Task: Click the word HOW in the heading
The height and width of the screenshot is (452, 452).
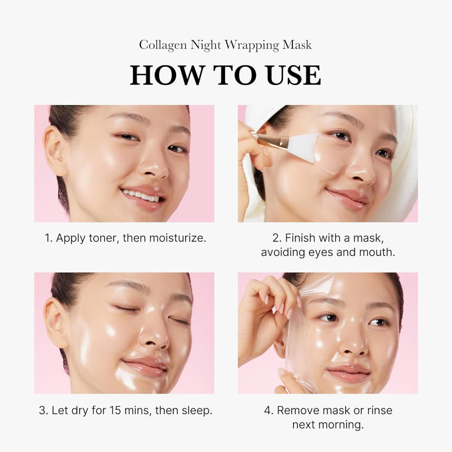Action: [x=161, y=75]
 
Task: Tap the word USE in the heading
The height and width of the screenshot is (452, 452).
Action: [x=293, y=75]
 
